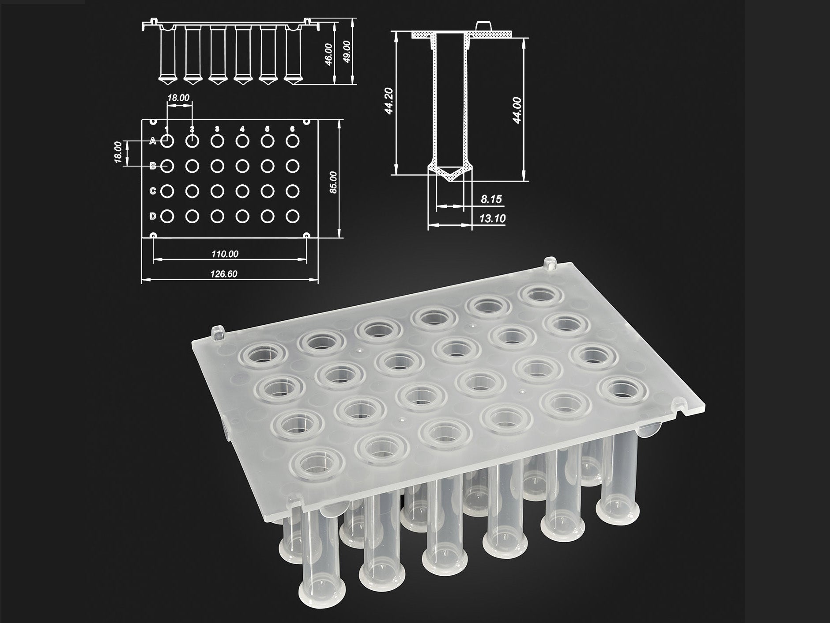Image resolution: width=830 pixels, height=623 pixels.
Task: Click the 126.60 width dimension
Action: (224, 274)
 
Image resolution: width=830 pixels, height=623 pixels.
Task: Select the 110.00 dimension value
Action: (225, 254)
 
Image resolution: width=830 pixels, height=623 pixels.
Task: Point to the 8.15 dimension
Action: (491, 199)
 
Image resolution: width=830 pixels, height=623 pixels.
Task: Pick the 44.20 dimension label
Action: (389, 101)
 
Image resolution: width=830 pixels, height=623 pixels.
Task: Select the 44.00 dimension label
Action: (517, 110)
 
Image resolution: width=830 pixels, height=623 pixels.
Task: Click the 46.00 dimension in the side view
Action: (328, 54)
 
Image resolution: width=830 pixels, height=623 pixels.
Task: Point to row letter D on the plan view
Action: (153, 216)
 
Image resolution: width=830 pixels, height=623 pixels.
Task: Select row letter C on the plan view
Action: (153, 191)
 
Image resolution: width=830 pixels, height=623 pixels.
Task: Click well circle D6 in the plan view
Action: (292, 216)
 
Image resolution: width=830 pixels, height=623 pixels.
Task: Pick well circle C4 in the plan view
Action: (242, 191)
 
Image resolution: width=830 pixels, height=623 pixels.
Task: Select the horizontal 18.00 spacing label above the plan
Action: (178, 98)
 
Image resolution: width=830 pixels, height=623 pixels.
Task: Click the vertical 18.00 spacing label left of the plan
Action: (118, 152)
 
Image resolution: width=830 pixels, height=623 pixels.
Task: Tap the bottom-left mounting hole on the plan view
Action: (153, 236)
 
